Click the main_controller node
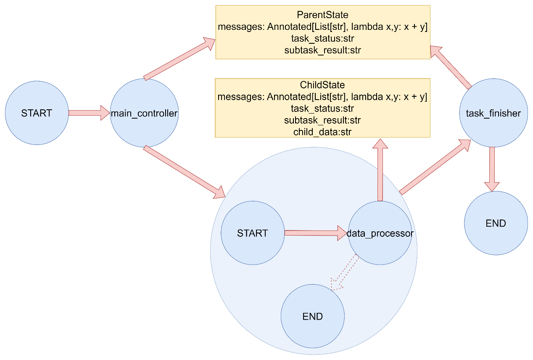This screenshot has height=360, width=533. (144, 113)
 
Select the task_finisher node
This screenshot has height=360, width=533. (493, 113)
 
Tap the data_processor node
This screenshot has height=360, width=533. (380, 233)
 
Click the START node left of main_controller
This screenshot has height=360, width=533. (37, 113)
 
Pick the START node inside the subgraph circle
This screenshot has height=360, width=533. (253, 233)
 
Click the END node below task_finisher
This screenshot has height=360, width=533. (496, 223)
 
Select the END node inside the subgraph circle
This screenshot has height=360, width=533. (313, 316)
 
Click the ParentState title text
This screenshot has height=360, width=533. (323, 15)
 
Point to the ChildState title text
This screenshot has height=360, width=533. (322, 85)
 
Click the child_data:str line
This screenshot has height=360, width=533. (322, 132)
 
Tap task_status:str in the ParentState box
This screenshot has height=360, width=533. (323, 38)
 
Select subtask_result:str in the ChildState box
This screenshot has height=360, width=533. (322, 120)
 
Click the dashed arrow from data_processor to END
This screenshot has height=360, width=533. (345, 273)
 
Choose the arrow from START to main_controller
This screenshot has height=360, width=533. (89, 113)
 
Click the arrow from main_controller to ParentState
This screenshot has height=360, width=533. (179, 59)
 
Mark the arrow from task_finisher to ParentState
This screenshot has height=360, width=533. (451, 68)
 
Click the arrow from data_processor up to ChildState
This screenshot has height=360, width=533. (380, 170)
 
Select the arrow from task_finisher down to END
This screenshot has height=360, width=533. (492, 169)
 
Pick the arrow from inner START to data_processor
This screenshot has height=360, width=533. (316, 233)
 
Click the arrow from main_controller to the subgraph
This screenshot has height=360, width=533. (185, 172)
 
